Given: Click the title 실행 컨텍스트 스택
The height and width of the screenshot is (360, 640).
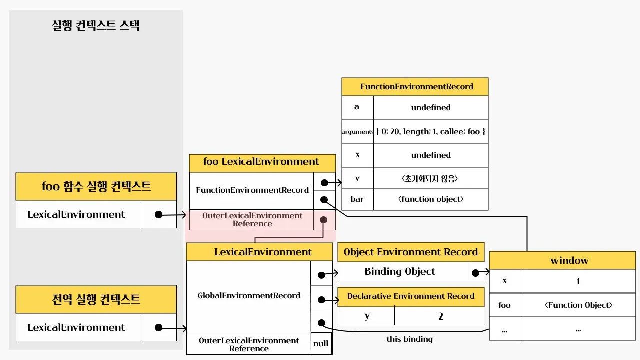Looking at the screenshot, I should (x=95, y=25).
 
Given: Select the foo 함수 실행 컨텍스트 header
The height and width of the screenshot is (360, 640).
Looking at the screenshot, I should (x=96, y=186).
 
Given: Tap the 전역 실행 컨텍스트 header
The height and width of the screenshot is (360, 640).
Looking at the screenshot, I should (x=96, y=299).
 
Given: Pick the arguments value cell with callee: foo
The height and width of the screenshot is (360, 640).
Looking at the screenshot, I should (x=431, y=132).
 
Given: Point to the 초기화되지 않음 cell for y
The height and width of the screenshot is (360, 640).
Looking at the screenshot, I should (x=431, y=178).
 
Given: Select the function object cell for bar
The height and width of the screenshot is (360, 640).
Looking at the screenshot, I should (x=431, y=199).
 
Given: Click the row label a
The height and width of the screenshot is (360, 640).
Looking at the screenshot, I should (x=357, y=107).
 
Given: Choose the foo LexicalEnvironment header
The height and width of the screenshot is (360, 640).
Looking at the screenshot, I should (x=261, y=162).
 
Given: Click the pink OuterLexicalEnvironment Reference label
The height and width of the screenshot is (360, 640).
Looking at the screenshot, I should (x=252, y=219).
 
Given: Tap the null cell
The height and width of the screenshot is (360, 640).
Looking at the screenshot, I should (x=321, y=344).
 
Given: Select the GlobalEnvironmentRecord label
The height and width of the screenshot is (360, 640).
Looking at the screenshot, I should (x=249, y=296).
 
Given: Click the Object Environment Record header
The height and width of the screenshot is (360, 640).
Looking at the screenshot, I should (x=411, y=252).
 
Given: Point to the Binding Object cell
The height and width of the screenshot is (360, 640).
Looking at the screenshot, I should (x=400, y=272).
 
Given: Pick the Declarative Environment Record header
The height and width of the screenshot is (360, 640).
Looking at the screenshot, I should (x=411, y=296).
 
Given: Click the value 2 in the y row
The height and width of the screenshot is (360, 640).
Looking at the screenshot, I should (x=440, y=316).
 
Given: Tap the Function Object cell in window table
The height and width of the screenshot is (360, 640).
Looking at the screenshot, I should (x=578, y=305).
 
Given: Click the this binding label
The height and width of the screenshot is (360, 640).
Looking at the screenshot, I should (x=409, y=339).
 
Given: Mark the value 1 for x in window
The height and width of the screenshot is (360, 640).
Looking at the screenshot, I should (x=578, y=281).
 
